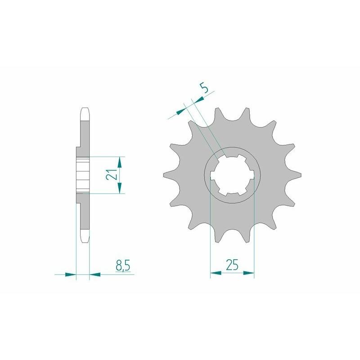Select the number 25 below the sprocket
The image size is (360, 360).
232,265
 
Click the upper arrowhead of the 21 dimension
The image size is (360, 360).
120,160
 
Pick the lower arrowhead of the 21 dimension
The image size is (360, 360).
120,189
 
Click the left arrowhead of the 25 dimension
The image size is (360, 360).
216,273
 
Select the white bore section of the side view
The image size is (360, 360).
83,175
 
